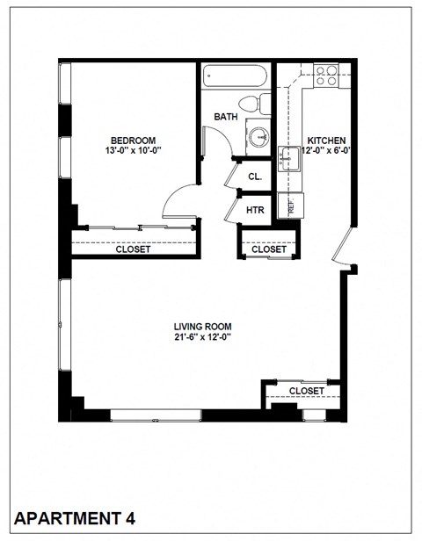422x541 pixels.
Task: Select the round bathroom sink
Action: tap(258, 137)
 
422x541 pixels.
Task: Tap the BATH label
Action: tap(226, 117)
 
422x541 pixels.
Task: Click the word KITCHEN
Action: tap(326, 141)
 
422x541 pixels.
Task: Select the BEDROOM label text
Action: tap(133, 140)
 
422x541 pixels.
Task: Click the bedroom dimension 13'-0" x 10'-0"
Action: tap(133, 151)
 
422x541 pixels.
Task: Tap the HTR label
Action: tap(255, 210)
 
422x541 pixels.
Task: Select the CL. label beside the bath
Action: tap(256, 177)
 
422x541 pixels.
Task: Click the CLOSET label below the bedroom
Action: tap(133, 249)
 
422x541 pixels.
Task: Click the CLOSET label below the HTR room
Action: tap(269, 249)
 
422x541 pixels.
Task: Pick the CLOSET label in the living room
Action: tap(307, 391)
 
